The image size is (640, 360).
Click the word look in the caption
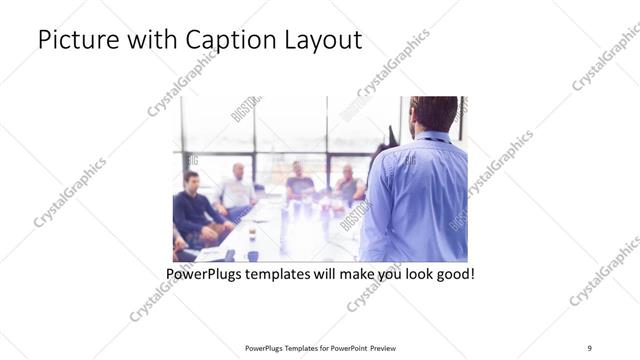[x=412, y=271]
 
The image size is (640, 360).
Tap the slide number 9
[x=590, y=347]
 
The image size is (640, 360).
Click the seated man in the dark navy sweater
[x=193, y=212]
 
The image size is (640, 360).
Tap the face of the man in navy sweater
[x=192, y=183]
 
